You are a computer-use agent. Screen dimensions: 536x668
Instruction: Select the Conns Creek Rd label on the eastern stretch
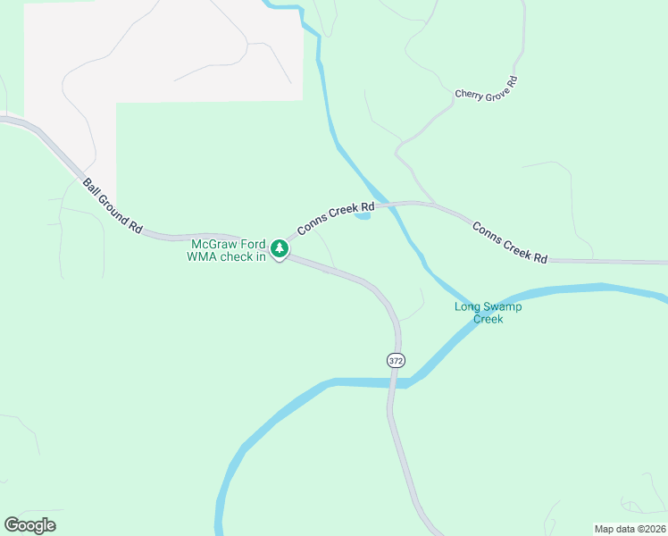(509, 242)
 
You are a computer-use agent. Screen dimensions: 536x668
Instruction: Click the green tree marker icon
(280, 247)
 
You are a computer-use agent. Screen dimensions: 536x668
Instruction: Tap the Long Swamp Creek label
(488, 313)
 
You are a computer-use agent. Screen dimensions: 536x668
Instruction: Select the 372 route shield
(396, 360)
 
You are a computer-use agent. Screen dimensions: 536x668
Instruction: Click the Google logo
(29, 525)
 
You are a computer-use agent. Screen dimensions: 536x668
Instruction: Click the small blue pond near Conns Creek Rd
(363, 214)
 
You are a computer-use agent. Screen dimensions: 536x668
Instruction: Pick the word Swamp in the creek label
(503, 306)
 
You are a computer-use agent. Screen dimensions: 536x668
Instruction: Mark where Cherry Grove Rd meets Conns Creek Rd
(433, 204)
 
